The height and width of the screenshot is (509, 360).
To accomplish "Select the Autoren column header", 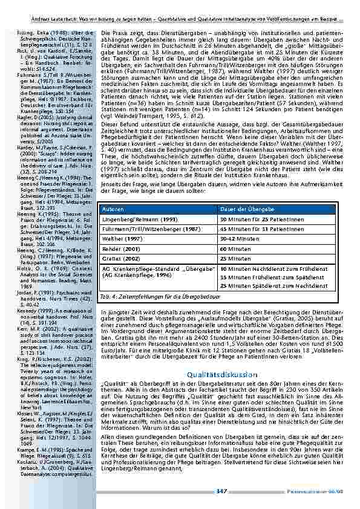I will [116, 209].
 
